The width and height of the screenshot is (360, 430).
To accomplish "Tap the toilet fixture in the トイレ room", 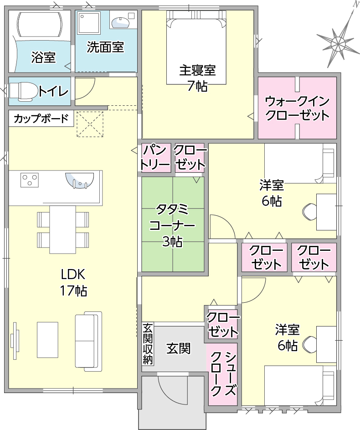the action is [x=24, y=91].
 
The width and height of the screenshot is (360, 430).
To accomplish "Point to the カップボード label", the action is [x=41, y=119].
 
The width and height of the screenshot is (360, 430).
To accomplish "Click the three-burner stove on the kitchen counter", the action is [x=30, y=180].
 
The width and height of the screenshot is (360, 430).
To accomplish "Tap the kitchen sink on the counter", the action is [x=80, y=181].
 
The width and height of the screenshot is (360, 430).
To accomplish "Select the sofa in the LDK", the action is [x=88, y=342].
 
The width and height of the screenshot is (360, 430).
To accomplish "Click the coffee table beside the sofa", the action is [x=48, y=340].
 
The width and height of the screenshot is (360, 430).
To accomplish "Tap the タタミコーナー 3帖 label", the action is [x=172, y=226].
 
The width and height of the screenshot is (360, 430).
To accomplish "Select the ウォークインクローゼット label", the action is [x=297, y=108].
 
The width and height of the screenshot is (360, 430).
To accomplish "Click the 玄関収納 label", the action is [x=148, y=344].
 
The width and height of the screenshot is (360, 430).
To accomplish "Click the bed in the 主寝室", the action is [x=196, y=47].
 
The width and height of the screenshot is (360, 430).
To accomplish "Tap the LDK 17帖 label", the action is [x=73, y=282].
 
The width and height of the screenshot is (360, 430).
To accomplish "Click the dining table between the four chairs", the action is [x=63, y=229].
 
